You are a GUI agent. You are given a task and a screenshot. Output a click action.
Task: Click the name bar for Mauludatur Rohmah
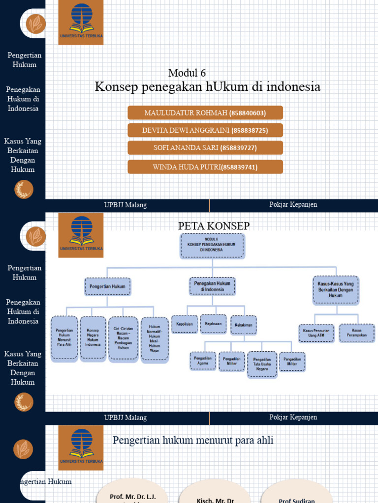coord(205,113)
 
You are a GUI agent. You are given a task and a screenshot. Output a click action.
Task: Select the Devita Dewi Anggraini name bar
coord(205,130)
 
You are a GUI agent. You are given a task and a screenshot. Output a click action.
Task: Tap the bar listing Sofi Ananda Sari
coord(205,148)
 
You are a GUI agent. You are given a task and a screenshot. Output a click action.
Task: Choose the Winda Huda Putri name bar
coord(205,167)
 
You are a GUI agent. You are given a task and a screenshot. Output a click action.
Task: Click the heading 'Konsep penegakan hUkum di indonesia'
coord(207,87)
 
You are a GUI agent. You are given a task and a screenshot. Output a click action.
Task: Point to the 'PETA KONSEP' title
coord(214,226)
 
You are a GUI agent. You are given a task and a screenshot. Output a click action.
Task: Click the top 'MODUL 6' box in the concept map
coord(212,246)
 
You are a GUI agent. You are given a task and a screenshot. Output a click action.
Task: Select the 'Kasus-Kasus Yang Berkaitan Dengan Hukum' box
coord(336,290)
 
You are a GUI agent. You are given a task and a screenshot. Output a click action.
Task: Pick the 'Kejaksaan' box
coord(213,324)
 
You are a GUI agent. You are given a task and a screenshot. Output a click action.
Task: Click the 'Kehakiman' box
coord(244,325)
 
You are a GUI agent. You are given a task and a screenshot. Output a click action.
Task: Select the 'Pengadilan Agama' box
coord(203,361)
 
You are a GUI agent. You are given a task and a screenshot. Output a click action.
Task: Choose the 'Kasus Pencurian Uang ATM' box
coord(316,333)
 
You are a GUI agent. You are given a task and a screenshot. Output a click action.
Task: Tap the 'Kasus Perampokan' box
coord(357,333)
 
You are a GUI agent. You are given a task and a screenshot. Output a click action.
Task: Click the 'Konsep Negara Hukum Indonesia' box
coord(93,338)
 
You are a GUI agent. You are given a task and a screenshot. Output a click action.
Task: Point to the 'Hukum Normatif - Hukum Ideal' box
coord(155,339)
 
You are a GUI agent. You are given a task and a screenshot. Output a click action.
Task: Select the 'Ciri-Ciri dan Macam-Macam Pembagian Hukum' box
coord(123,338)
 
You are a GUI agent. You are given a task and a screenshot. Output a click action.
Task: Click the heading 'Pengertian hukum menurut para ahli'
coord(193,441)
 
